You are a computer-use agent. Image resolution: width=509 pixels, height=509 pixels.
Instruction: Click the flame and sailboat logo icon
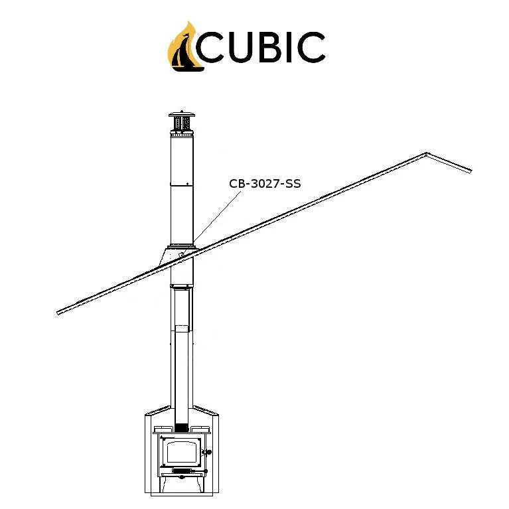(185, 47)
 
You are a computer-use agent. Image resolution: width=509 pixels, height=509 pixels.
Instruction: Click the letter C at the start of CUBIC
(210, 46)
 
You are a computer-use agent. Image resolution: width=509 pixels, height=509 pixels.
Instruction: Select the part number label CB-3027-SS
(265, 184)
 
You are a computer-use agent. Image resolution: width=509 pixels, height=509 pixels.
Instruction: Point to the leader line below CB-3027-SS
(217, 217)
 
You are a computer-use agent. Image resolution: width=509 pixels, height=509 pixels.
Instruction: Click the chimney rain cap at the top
(182, 114)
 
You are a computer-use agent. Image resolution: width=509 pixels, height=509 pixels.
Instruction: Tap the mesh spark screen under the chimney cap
(182, 123)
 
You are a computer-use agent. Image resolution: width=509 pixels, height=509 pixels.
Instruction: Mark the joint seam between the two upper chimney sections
(182, 186)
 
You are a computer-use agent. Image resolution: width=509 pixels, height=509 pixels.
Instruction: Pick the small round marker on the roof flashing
(181, 255)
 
